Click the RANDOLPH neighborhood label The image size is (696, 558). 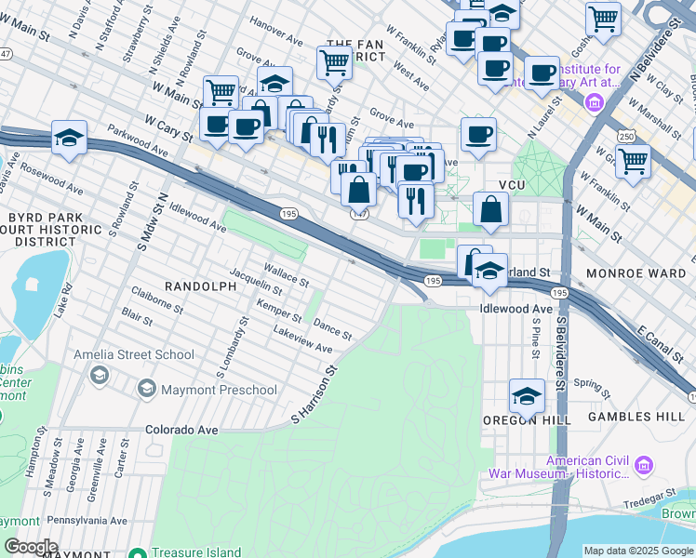(200, 286)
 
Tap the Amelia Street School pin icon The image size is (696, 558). (99, 375)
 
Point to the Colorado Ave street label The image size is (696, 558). (181, 431)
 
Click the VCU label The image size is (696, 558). (513, 185)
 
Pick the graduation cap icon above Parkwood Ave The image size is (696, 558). (69, 138)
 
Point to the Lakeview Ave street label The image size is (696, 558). (302, 339)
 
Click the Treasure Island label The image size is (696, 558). (197, 551)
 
